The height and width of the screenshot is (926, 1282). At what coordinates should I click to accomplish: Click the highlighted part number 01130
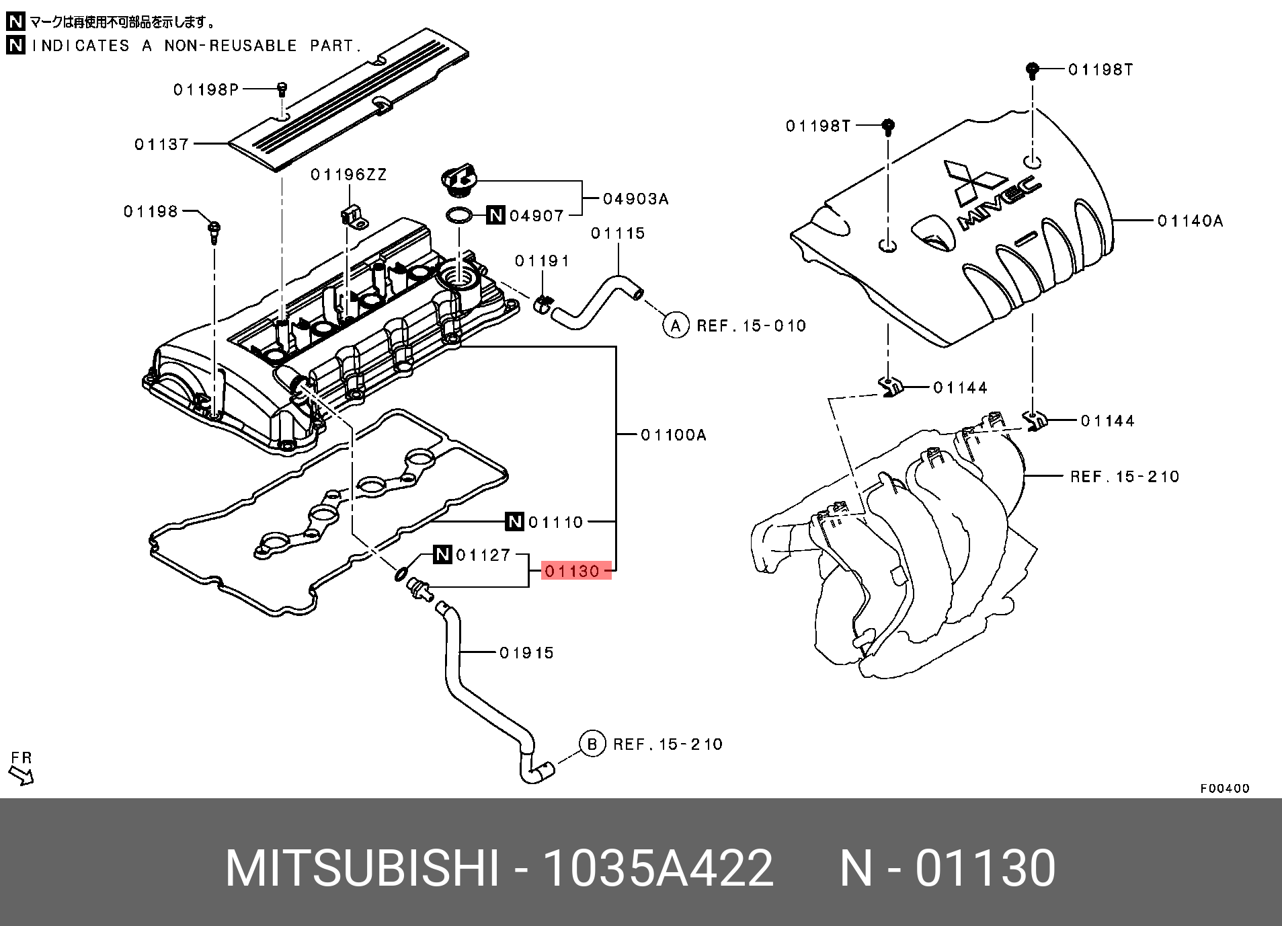[572, 571]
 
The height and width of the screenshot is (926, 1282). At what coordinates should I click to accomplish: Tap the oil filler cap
[460, 182]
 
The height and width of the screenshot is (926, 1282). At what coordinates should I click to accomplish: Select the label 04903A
[635, 198]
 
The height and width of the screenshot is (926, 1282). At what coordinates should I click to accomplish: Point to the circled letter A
[676, 325]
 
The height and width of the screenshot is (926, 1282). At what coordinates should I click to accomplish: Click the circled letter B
[592, 744]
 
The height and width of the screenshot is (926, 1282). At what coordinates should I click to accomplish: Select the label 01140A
[1190, 221]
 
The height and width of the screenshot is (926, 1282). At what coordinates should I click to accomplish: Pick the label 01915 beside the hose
[526, 652]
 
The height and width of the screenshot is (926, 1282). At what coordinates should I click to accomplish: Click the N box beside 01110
[514, 521]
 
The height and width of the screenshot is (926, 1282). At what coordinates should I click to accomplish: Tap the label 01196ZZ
[348, 175]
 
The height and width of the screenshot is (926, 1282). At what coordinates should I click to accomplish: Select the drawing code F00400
[1225, 788]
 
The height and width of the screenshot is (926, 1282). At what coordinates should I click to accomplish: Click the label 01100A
[674, 435]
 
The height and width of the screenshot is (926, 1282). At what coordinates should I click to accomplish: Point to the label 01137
[161, 144]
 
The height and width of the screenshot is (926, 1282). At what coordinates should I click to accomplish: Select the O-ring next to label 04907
[458, 215]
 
